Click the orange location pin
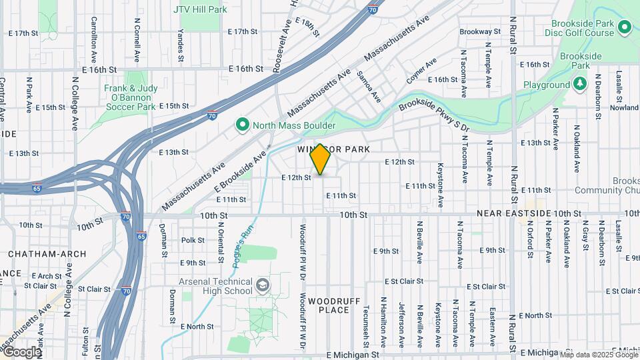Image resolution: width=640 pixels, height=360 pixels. click(x=321, y=159)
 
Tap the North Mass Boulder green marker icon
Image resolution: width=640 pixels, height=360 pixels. click(x=243, y=125)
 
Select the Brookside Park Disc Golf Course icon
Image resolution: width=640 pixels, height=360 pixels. click(x=625, y=27)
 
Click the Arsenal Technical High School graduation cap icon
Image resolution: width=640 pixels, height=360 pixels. click(x=263, y=286)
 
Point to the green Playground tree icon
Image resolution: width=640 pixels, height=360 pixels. click(x=580, y=84)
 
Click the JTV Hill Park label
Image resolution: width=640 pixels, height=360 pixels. click(x=200, y=9)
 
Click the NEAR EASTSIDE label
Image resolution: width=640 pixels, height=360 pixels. click(x=514, y=214)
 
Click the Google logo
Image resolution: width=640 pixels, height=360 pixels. click(x=21, y=352)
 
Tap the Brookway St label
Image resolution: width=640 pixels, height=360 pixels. click(x=480, y=31)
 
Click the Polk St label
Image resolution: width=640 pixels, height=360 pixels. click(x=193, y=240)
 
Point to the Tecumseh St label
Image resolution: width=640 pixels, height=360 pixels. click(x=366, y=327)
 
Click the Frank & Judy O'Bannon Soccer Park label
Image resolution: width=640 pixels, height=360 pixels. click(x=129, y=97)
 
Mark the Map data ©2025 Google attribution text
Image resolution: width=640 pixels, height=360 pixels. click(x=599, y=353)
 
